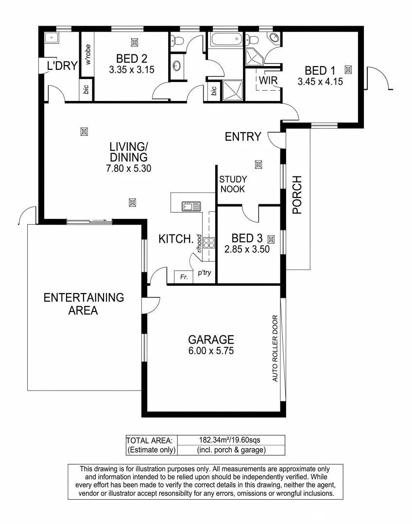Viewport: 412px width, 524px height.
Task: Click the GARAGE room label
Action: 211,339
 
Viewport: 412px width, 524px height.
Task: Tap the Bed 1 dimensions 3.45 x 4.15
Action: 320,82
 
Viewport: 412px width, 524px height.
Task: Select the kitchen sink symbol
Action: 191,207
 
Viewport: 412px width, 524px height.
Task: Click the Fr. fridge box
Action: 183,278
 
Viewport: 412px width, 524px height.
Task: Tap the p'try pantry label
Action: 204,273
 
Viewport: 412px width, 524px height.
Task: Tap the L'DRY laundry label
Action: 62,66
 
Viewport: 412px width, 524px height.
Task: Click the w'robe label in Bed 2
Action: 87,54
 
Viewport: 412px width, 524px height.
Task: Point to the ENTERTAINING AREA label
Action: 84,304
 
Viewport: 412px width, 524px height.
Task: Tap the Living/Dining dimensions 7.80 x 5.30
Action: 128,169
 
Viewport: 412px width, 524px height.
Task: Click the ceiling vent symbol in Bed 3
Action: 271,239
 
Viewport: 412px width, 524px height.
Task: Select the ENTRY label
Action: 243,137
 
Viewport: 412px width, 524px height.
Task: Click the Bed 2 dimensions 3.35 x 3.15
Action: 132,69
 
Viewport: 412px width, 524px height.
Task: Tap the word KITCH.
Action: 175,239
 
